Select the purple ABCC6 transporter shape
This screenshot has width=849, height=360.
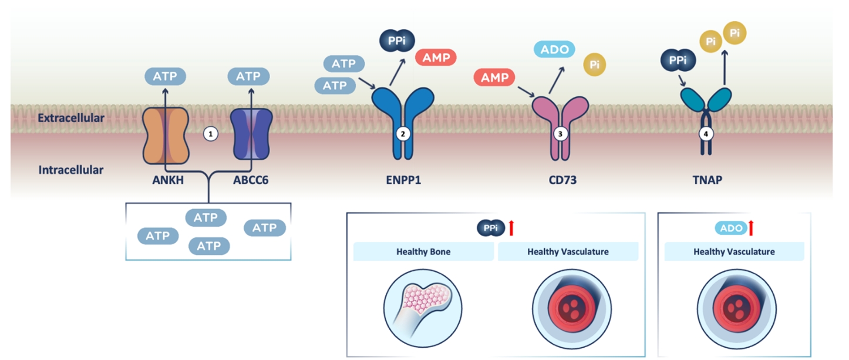(x=251, y=135)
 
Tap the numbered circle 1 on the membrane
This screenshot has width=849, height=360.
(x=210, y=134)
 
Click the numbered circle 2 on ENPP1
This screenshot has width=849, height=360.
(x=403, y=134)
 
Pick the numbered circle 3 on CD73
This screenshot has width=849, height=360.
(x=560, y=134)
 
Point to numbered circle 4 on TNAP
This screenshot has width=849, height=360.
(x=707, y=134)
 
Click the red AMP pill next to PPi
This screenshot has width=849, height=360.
(x=436, y=58)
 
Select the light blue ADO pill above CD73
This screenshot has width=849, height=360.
(x=554, y=49)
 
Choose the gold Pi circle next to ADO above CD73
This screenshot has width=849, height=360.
(x=594, y=64)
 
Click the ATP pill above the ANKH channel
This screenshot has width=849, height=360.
(x=166, y=76)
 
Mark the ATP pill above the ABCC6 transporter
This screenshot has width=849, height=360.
(x=248, y=76)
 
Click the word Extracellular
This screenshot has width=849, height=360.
(x=71, y=118)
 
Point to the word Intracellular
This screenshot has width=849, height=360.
(x=71, y=170)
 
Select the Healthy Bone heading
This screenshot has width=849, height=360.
(x=423, y=252)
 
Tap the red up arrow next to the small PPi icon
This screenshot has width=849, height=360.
(x=511, y=227)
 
